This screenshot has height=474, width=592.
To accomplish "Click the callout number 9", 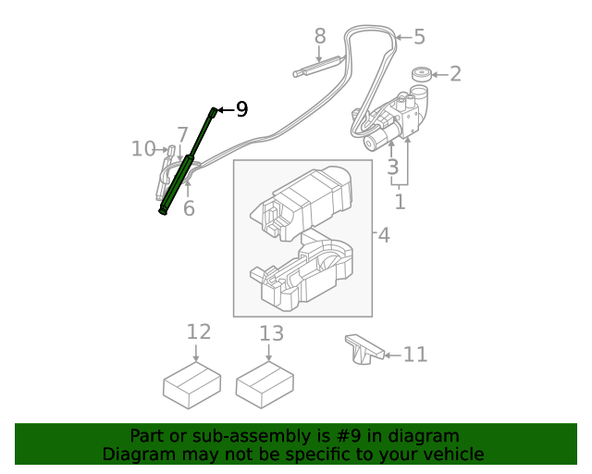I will [x=241, y=110].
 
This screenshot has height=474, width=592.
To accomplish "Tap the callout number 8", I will [x=320, y=36].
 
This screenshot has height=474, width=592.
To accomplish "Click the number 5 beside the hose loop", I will [x=419, y=37].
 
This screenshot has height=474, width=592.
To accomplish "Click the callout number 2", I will [x=455, y=74].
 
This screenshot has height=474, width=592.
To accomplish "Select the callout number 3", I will [x=393, y=168].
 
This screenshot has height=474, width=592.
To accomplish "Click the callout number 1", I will [x=400, y=201].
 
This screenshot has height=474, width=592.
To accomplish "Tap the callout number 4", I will [x=383, y=235].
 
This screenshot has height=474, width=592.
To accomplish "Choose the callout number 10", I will [x=143, y=148].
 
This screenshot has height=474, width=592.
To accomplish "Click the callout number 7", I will [x=183, y=134].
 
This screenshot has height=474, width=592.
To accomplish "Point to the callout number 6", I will [x=189, y=208].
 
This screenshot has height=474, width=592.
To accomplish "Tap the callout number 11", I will [x=415, y=354].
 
